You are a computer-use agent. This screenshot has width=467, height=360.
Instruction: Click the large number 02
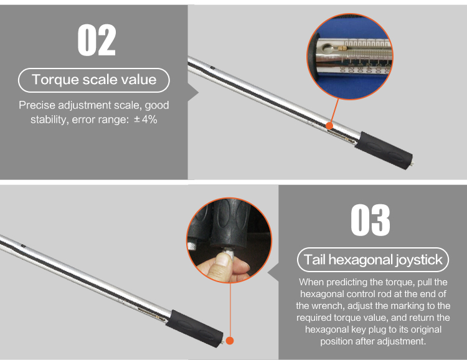click(97, 40)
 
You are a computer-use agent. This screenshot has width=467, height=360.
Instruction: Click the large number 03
click(370, 220)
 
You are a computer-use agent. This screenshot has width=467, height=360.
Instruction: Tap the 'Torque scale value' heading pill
click(94, 80)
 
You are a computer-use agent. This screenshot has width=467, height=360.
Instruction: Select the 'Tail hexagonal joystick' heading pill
click(373, 260)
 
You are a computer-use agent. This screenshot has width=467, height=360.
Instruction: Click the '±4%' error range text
click(146, 120)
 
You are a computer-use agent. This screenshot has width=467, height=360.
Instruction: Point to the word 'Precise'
click(37, 105)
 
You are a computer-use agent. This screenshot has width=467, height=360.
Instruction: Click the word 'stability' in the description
click(49, 120)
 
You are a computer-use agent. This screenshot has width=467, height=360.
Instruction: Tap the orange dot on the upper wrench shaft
click(329, 125)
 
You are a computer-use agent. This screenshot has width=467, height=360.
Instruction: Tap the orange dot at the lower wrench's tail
click(230, 341)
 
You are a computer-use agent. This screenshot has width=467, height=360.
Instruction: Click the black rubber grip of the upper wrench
click(384, 151)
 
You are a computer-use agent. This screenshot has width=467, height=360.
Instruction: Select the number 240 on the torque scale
click(369, 68)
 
